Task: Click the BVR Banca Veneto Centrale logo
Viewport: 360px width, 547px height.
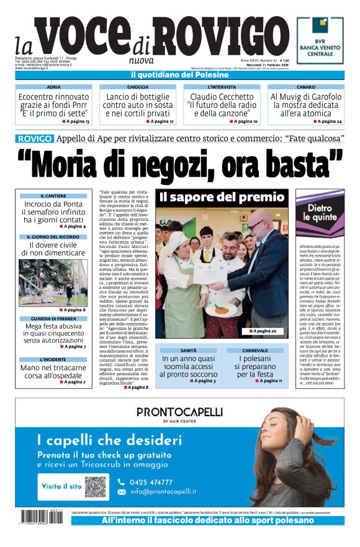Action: coord(320,40)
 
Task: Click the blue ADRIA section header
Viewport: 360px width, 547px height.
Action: coord(54,87)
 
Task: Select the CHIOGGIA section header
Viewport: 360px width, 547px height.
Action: coord(138,87)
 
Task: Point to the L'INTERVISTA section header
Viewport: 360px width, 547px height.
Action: coord(222,87)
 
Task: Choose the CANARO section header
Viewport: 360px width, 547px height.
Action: coord(305,87)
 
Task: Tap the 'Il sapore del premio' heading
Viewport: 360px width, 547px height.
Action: coord(221,198)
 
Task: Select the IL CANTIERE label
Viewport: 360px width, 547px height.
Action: coord(53,196)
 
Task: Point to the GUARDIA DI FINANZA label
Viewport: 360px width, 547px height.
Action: coord(53,319)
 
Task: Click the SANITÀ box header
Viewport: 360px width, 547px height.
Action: coord(189,351)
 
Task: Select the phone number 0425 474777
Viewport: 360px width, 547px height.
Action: coord(152,482)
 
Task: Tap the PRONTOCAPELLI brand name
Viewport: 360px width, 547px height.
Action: coord(171,412)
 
